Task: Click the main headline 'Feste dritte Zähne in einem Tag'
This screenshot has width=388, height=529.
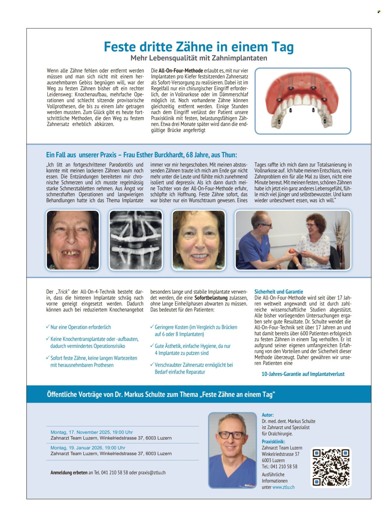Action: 199,47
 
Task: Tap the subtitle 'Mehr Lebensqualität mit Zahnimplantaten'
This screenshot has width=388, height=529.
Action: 199,58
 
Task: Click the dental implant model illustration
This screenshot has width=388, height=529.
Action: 303,101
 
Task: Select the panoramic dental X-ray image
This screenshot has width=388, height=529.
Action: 136,240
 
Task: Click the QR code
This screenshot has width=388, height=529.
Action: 331,467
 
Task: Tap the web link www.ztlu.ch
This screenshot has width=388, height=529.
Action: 283,487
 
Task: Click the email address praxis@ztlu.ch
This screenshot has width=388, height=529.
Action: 152,472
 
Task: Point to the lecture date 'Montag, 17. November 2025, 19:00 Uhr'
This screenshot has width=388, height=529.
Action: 92,432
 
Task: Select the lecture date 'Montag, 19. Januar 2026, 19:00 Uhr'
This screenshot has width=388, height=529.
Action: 88,448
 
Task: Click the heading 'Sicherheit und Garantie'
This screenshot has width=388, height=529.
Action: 278,292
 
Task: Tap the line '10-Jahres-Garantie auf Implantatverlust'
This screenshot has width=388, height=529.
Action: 303,374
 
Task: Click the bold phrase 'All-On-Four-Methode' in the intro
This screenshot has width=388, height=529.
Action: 181,71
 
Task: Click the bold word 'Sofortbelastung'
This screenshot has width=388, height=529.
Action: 211,298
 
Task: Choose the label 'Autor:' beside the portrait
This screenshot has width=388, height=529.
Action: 268,415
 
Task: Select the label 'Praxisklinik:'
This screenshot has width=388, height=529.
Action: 273,441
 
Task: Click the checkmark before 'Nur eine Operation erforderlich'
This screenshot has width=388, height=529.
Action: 48,327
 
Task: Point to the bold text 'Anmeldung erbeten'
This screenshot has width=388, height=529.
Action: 69,472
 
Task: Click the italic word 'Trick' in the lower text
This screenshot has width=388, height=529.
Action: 63,292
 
